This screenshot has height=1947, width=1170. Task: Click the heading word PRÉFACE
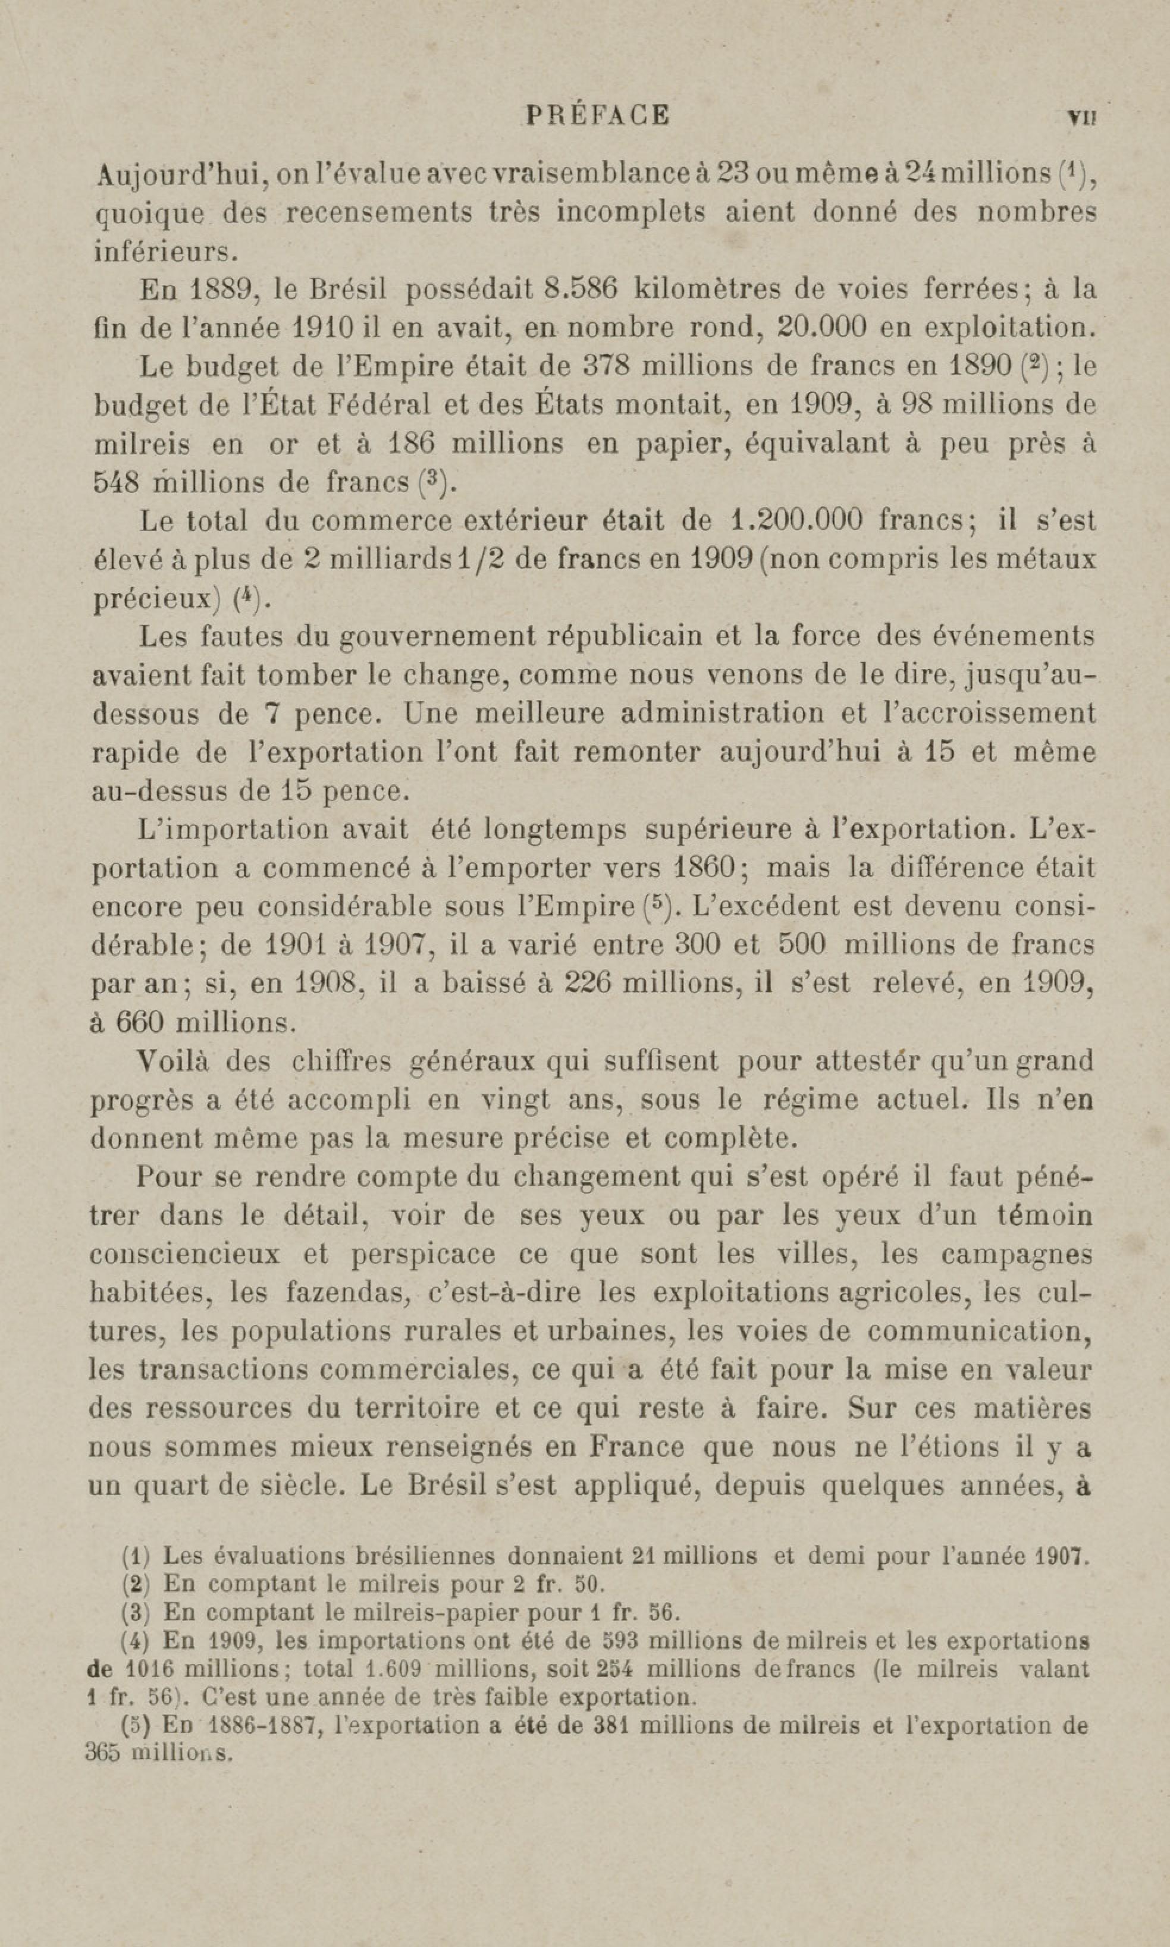click(598, 115)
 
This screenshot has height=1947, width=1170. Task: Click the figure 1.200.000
click(797, 521)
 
